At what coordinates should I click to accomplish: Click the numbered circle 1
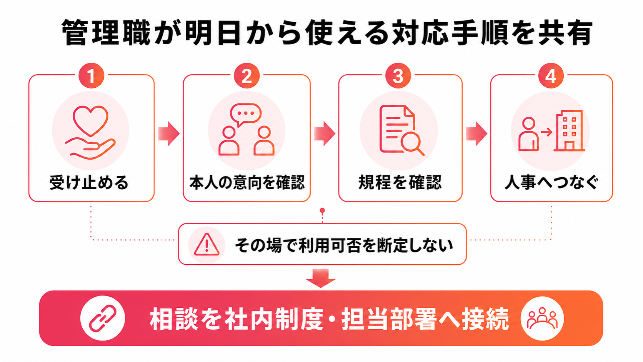point(91,75)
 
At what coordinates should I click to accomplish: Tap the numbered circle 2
point(247,75)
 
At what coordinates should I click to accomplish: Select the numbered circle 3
point(398,75)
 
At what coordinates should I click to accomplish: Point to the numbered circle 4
point(551,75)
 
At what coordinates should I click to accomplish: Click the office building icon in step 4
point(569,131)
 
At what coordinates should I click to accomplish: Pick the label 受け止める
point(89,183)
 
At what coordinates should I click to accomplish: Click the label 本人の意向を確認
point(247,183)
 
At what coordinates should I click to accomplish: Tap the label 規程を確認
point(400,183)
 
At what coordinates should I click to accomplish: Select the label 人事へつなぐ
point(551,183)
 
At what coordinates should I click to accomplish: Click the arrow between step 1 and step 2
point(169,133)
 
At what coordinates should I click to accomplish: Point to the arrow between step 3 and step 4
point(476,133)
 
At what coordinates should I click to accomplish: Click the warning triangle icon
point(207,245)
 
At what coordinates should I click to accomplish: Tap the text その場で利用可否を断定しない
point(344,245)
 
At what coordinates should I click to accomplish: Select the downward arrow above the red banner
point(321,278)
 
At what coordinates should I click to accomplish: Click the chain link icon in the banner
point(103,319)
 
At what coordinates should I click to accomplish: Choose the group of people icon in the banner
point(542,319)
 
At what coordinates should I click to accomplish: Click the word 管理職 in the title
point(106,33)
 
